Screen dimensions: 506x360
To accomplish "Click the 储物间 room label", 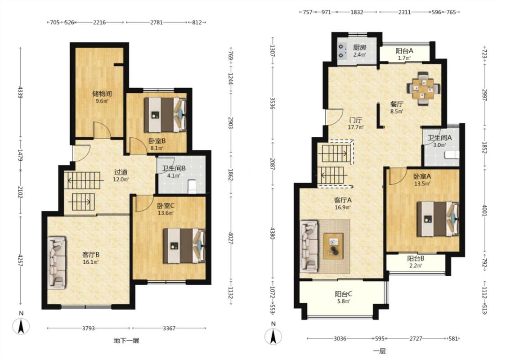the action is tap(102, 94).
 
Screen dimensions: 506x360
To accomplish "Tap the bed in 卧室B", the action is tap(165, 115).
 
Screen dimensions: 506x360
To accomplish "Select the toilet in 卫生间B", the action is tap(192, 187).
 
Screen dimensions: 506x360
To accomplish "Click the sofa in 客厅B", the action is tap(57, 263).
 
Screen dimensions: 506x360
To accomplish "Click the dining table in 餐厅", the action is tap(423, 89).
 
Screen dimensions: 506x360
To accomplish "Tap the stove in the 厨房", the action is tap(341, 51).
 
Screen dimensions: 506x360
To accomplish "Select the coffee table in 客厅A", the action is tap(333, 245).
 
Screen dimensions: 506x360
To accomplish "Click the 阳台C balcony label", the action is tap(343, 294).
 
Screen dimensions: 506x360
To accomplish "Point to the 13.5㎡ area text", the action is tap(422, 184).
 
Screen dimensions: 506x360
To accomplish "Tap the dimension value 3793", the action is tap(88, 328).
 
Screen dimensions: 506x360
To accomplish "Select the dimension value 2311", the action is tap(404, 12).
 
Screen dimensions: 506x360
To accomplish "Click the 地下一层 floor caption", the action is tap(126, 340).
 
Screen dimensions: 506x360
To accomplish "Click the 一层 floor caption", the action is tap(380, 351).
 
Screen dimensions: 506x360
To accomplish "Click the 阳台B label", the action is tap(416, 258).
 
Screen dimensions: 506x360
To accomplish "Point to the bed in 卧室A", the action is tap(438, 219).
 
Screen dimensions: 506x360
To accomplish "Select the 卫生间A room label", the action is tap(439, 138).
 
